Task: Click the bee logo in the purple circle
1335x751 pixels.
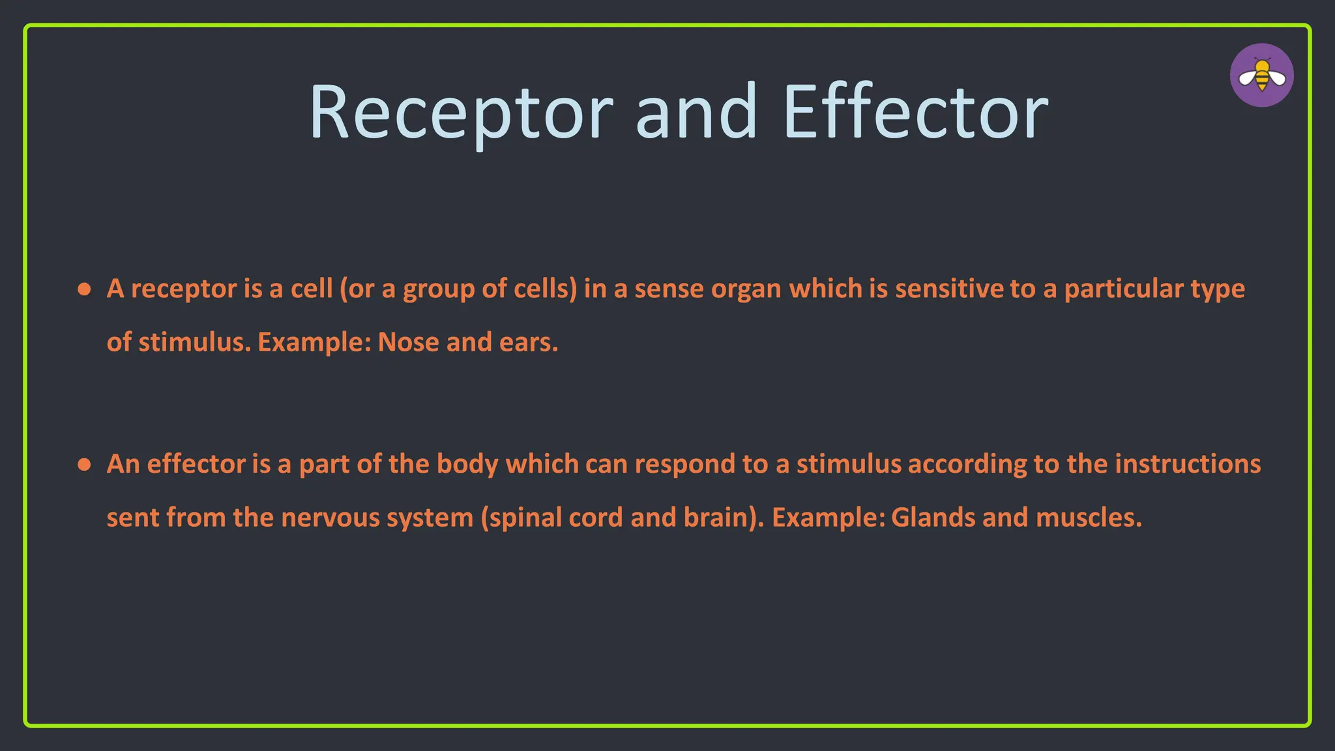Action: coord(1261,76)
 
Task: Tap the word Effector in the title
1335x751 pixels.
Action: coord(915,112)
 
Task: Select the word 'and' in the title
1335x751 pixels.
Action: coord(696,112)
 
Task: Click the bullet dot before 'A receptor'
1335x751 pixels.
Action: coord(84,289)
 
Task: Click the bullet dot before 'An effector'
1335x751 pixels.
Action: coord(84,465)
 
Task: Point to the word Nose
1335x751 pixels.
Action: coord(408,342)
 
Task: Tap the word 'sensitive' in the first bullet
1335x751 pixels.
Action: coord(949,289)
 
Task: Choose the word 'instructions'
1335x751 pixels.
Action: coord(1188,464)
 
